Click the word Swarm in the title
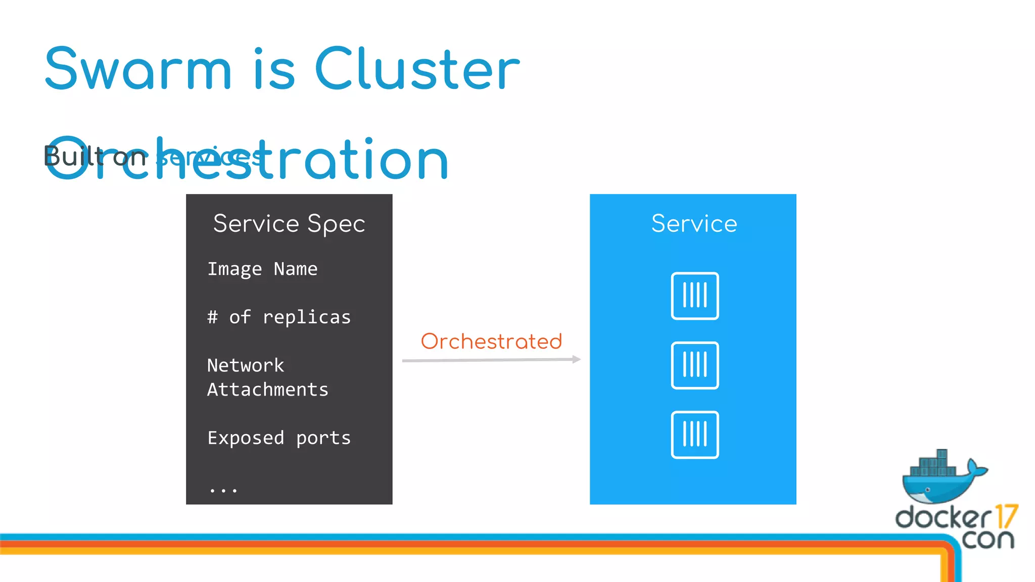[x=138, y=69]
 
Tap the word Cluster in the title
[x=417, y=69]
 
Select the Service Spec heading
[x=289, y=224]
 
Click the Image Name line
[x=262, y=269]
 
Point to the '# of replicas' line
[x=278, y=317]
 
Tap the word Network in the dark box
[x=246, y=365]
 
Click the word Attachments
[x=268, y=390]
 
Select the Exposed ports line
[x=279, y=438]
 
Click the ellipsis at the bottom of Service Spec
[x=223, y=490]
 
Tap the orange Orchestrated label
[x=491, y=342]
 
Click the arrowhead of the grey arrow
[x=576, y=359]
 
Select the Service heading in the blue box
[x=694, y=224]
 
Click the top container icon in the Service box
[x=695, y=296]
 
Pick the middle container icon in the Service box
[x=695, y=365]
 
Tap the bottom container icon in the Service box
[x=695, y=435]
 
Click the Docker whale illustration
[x=943, y=477]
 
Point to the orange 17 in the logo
[x=1006, y=516]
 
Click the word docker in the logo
[x=943, y=518]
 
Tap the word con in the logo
[x=988, y=539]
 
